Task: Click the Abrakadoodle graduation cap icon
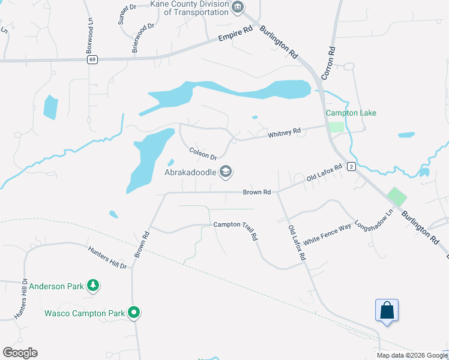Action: pos(226,172)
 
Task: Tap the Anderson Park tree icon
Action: pos(92,286)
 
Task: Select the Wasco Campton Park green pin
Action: pos(134,313)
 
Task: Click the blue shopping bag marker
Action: pos(387,310)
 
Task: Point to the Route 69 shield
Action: pos(92,59)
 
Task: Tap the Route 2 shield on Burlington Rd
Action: pos(351,166)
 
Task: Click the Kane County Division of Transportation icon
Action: pos(238,7)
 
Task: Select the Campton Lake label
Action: pos(351,113)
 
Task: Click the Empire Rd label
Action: pos(234,37)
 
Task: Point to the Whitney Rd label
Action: pos(284,133)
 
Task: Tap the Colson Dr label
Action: pos(203,154)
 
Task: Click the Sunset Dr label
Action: pos(128,15)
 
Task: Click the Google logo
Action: pos(20,353)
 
